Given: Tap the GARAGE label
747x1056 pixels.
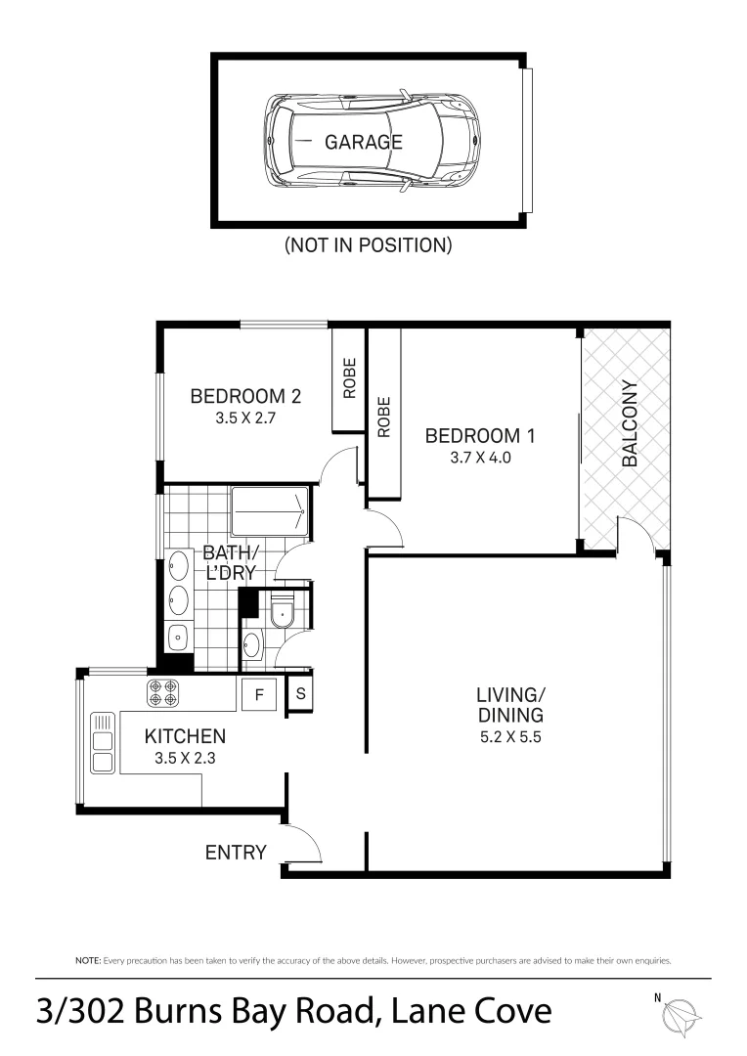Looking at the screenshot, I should (x=364, y=142).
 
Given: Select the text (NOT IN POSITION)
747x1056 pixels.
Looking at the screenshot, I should (x=368, y=245).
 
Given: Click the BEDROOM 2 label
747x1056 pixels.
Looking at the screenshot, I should (x=244, y=397).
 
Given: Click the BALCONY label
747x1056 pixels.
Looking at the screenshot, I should (x=629, y=422).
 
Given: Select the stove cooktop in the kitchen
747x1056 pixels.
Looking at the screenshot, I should (x=163, y=693).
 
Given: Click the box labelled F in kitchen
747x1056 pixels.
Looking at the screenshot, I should (x=260, y=695).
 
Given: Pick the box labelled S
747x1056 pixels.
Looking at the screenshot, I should (x=300, y=695).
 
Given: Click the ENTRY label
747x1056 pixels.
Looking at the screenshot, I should (x=235, y=853).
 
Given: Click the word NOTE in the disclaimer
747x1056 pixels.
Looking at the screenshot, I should (x=87, y=961).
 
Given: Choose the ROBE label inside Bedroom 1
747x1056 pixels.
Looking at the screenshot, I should (x=383, y=416).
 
